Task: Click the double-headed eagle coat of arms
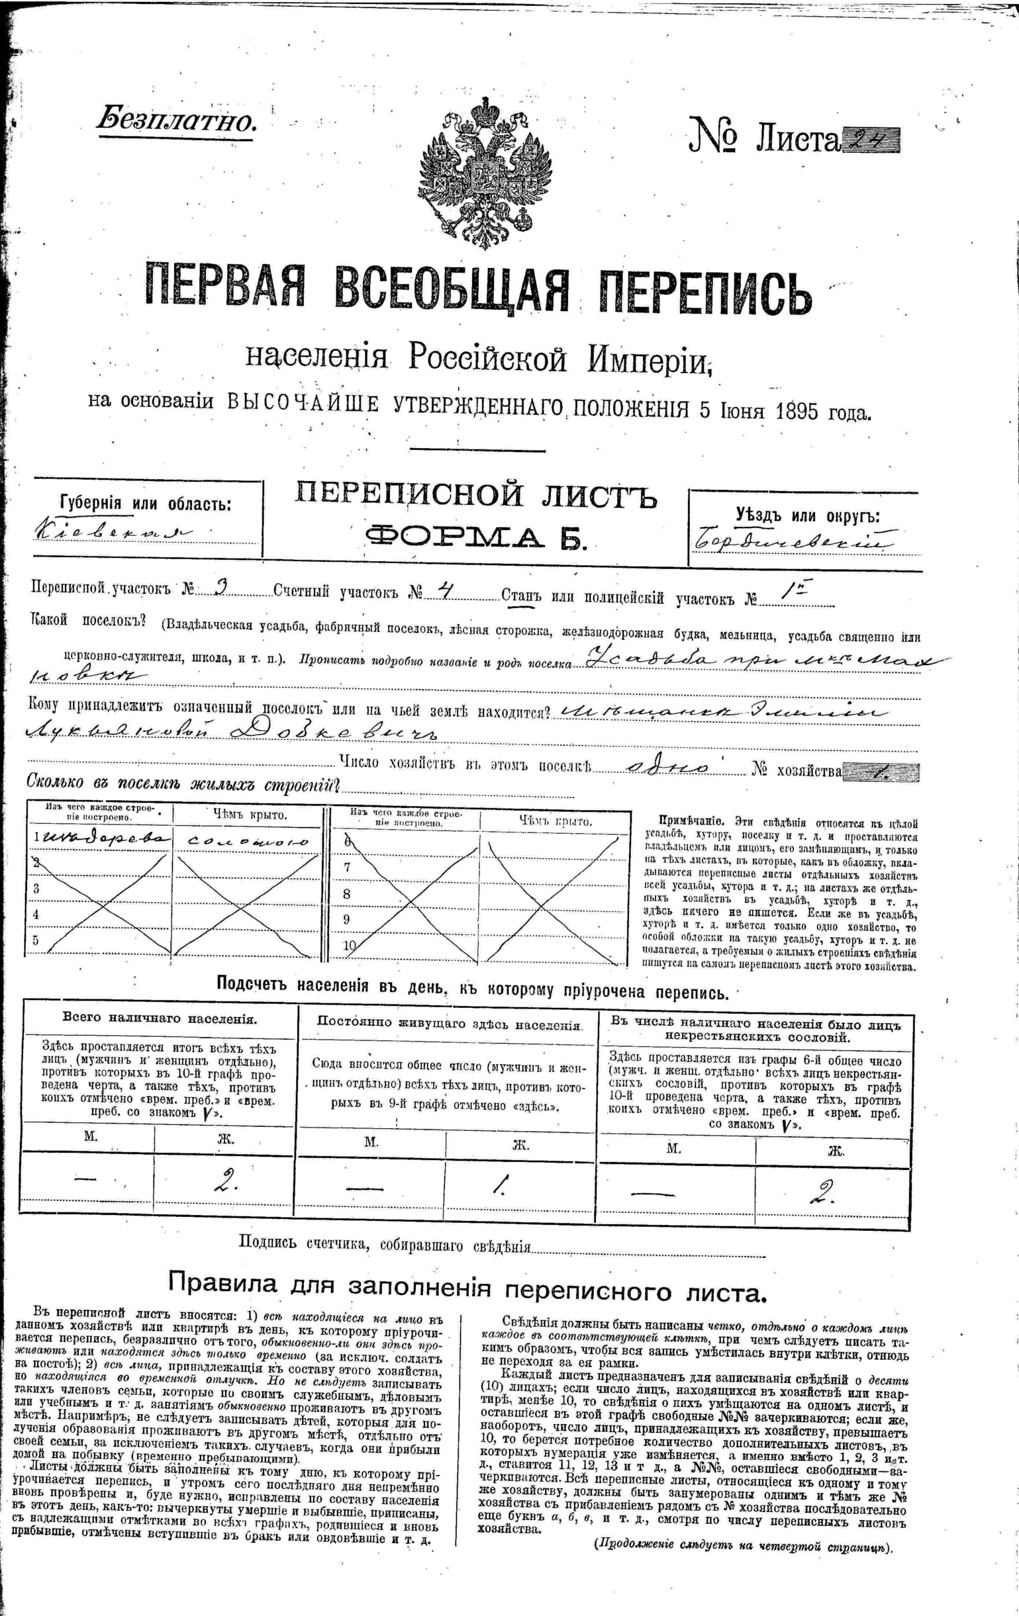pyautogui.click(x=481, y=171)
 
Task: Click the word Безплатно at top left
pyautogui.click(x=176, y=120)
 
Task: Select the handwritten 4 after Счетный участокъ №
pyautogui.click(x=444, y=588)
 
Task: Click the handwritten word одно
pyautogui.click(x=667, y=767)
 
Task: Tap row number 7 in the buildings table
pyautogui.click(x=347, y=867)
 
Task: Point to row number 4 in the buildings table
pyautogui.click(x=36, y=914)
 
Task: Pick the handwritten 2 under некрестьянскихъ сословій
pyautogui.click(x=827, y=1190)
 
